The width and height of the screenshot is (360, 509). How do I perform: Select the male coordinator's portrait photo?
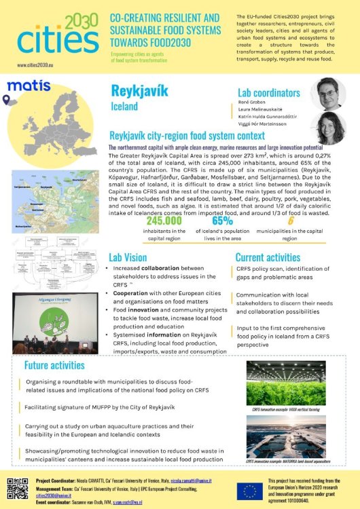(323, 95)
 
